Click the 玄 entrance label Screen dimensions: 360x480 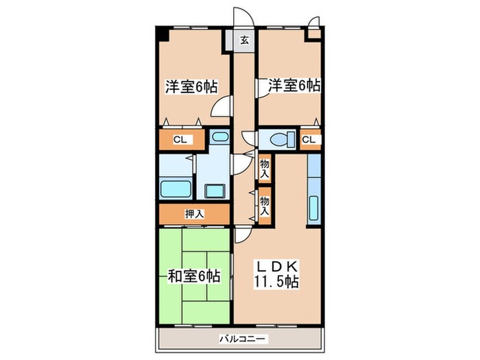click(244, 40)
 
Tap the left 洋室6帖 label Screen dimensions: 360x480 click(191, 87)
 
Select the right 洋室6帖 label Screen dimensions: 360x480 click(293, 86)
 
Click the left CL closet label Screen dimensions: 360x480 click(179, 140)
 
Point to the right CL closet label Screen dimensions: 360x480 click(310, 140)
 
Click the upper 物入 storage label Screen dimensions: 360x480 click(265, 167)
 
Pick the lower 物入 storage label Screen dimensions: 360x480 click(265, 204)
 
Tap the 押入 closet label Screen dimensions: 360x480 click(194, 214)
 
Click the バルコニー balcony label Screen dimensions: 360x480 click(244, 339)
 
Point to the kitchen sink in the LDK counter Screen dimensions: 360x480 click(313, 207)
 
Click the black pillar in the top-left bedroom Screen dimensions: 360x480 click(161, 34)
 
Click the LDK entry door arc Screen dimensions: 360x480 click(243, 235)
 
